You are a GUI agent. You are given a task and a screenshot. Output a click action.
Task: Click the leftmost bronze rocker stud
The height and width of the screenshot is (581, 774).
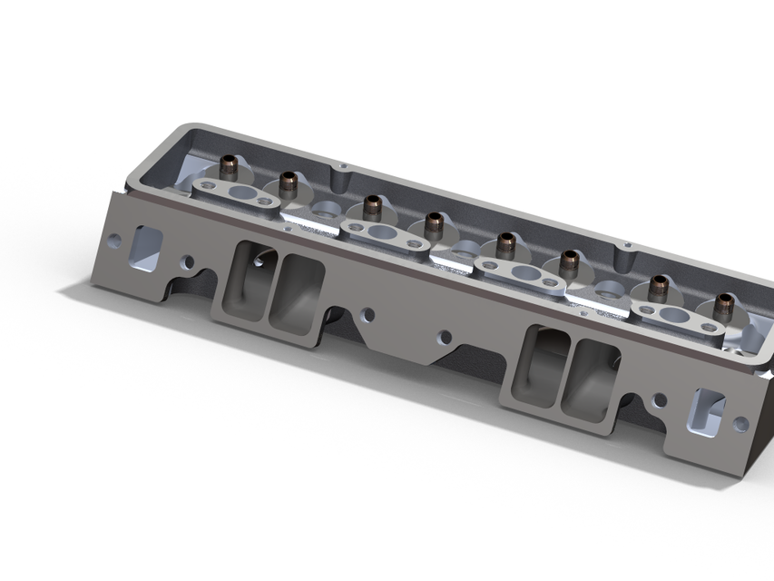tap(228, 168)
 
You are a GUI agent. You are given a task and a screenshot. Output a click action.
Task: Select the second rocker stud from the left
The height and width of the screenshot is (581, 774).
tap(288, 182)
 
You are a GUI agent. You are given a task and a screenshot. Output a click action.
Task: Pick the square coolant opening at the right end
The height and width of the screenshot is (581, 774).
tap(708, 409)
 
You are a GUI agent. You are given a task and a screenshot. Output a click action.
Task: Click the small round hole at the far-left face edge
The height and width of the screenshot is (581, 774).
tap(113, 241)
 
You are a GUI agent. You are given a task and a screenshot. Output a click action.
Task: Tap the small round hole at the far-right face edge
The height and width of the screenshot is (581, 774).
tap(740, 423)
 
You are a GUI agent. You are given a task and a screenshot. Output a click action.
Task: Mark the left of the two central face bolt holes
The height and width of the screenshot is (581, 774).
tap(367, 316)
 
